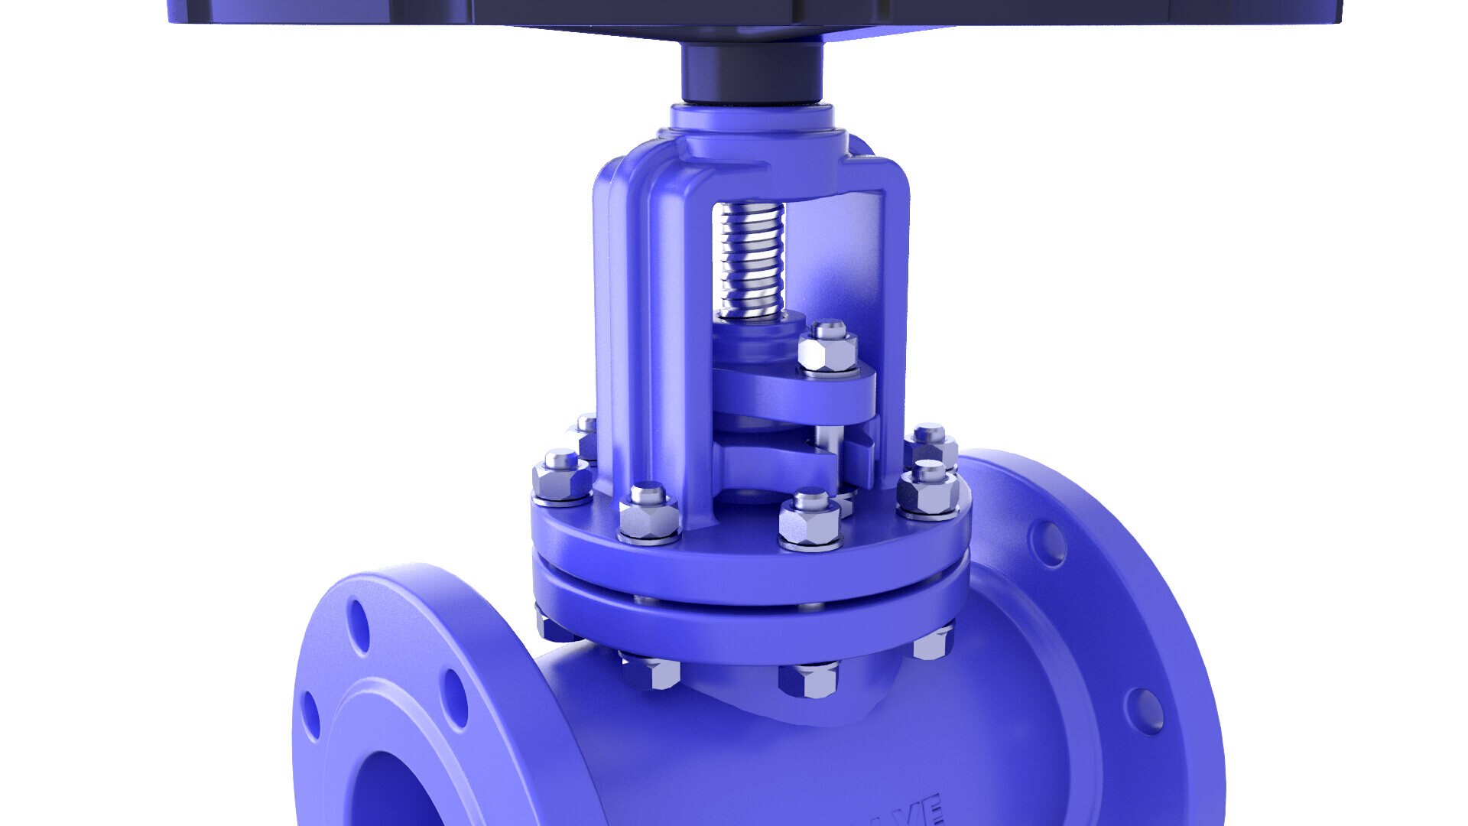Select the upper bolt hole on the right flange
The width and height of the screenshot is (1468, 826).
pos(1048,543)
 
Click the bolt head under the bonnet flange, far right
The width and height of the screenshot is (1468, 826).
pos(934,642)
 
